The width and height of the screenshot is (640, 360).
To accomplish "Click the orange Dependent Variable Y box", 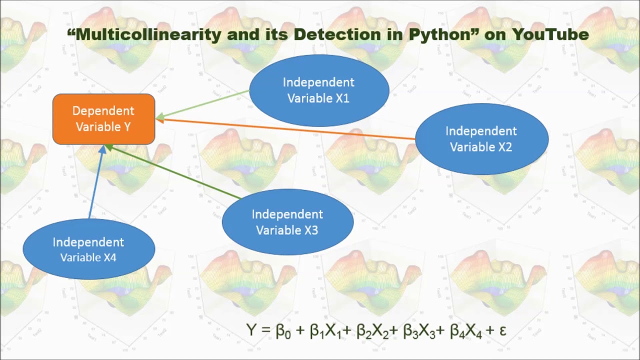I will point(104,119).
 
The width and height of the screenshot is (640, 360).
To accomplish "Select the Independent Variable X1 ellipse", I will point(319,90).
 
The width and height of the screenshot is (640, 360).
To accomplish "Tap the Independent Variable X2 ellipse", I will point(481,139).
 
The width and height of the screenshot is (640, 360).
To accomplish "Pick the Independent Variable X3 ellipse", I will point(287,222).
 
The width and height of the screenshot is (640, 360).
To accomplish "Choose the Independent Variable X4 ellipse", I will point(88,249).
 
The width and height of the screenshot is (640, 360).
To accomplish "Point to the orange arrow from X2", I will point(285,128).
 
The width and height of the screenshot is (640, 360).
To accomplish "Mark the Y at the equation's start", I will point(251,330).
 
